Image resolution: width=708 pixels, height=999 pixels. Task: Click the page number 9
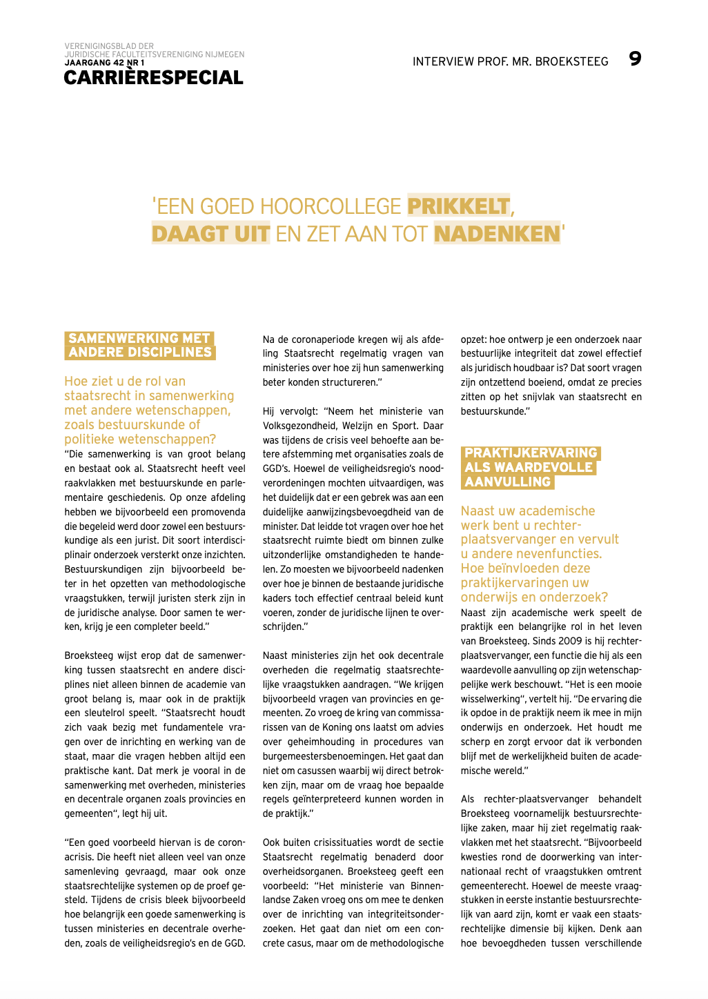click(635, 59)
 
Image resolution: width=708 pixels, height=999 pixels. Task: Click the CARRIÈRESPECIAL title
click(153, 78)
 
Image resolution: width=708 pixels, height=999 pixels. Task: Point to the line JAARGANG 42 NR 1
click(104, 63)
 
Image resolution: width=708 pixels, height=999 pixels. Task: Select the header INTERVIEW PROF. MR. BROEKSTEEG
click(510, 61)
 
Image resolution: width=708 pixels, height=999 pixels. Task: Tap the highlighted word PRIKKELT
click(458, 206)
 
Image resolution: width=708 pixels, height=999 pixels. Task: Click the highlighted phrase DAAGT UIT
click(210, 234)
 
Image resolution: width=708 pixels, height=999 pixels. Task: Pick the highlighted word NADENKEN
click(497, 234)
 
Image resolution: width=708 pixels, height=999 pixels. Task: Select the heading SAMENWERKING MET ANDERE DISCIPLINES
click(139, 345)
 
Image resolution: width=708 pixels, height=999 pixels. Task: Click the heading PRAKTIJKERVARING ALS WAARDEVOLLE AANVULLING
click(530, 467)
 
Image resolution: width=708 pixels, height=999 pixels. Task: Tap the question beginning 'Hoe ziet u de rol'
click(148, 410)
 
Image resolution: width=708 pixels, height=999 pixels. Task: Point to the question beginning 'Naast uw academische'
click(539, 553)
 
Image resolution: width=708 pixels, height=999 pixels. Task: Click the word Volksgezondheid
click(298, 426)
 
